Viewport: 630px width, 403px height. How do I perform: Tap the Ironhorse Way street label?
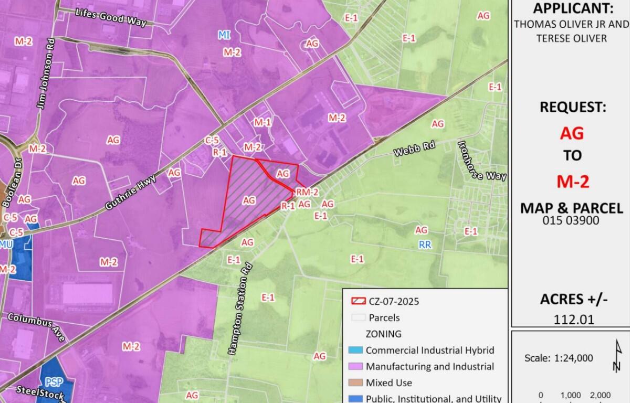[x=482, y=161]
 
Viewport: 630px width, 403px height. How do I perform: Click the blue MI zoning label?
[x=224, y=35]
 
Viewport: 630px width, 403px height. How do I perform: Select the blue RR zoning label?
[x=425, y=245]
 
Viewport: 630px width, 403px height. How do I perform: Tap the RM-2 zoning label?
[x=307, y=192]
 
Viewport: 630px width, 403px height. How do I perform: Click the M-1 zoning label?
[x=262, y=122]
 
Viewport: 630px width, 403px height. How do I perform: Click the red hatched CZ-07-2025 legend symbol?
[x=358, y=301]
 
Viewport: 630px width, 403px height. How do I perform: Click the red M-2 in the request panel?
[x=572, y=181]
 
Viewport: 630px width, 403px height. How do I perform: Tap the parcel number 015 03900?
[x=571, y=220]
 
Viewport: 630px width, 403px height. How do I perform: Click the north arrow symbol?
[x=617, y=356]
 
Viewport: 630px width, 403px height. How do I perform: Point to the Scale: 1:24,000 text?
[x=559, y=358]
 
